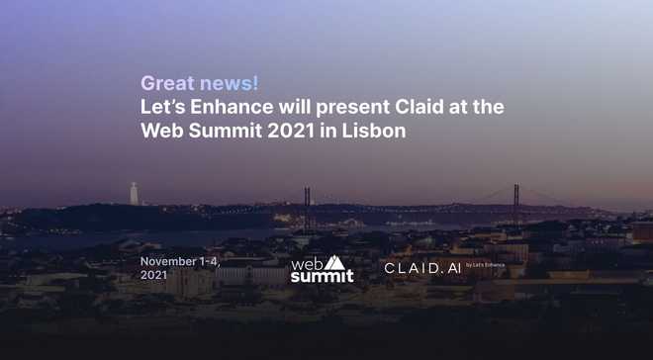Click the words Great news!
[x=200, y=83]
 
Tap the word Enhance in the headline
[x=232, y=107]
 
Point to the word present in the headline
[x=353, y=109]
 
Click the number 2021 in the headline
[x=291, y=131]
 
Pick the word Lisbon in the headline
[x=374, y=131]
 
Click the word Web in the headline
[x=162, y=131]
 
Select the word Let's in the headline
[x=163, y=107]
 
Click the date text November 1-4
[x=180, y=262]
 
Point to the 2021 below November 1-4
[x=153, y=275]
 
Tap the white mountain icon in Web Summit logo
[x=334, y=263]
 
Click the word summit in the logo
[x=322, y=276]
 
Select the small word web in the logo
[x=308, y=264]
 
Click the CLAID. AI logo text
[x=422, y=268]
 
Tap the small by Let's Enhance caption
[x=485, y=265]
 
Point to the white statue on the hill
[x=134, y=194]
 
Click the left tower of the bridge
[x=307, y=208]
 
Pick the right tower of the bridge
[x=516, y=203]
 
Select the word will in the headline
[x=295, y=107]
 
